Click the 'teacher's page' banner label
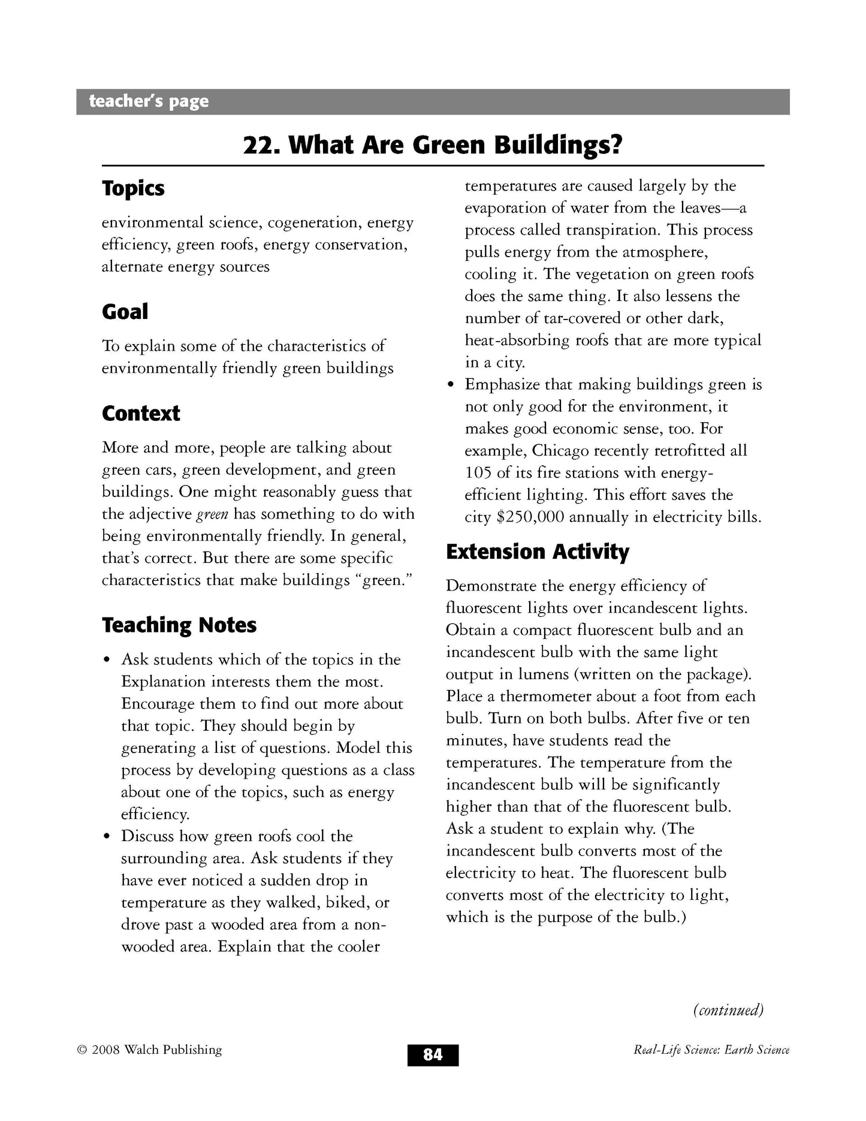(x=149, y=101)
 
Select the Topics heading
(x=133, y=188)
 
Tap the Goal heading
(x=125, y=312)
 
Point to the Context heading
(x=141, y=413)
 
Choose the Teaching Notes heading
(x=179, y=625)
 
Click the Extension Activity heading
(x=538, y=552)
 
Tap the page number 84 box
(x=433, y=1054)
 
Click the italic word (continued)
(x=728, y=1010)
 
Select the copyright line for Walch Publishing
(x=149, y=1050)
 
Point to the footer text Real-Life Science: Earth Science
(x=711, y=1050)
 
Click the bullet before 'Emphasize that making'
(x=451, y=385)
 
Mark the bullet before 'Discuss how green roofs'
(x=107, y=837)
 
